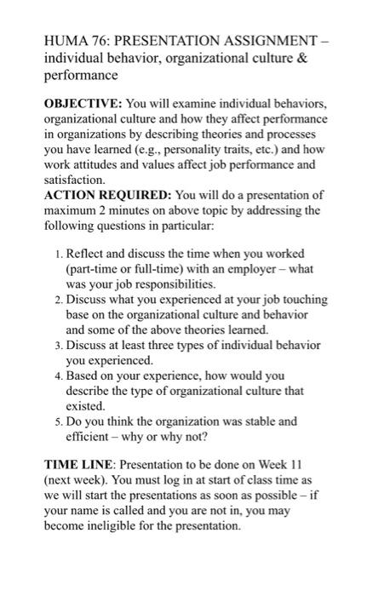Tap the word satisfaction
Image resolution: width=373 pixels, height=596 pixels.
coord(74,181)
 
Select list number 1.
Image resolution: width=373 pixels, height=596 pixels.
coord(56,255)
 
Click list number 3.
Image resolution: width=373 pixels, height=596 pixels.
coord(56,346)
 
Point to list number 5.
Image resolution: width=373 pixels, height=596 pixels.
coord(56,421)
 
